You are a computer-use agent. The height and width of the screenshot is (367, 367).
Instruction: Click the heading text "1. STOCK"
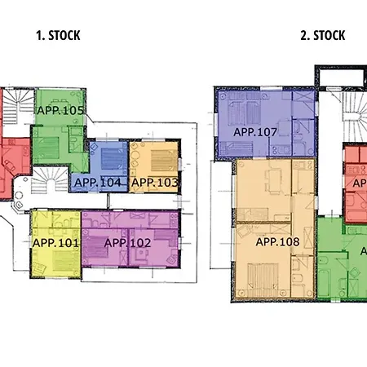tap(58, 35)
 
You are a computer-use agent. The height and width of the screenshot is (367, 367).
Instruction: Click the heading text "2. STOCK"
tap(322, 35)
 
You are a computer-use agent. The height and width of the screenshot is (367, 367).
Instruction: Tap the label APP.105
tap(62, 110)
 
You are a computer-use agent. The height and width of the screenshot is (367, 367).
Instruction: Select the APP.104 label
tap(97, 183)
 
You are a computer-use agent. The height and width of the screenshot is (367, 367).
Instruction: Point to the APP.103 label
tap(154, 183)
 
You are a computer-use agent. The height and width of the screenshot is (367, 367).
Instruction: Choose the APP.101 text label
tap(56, 242)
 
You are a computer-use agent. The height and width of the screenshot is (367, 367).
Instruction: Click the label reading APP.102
tap(128, 242)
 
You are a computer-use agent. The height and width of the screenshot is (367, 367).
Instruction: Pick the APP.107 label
tap(255, 131)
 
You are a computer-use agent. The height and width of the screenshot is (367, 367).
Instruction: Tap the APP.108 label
tap(278, 242)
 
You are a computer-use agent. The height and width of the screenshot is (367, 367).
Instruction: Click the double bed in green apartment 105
tap(49, 149)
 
